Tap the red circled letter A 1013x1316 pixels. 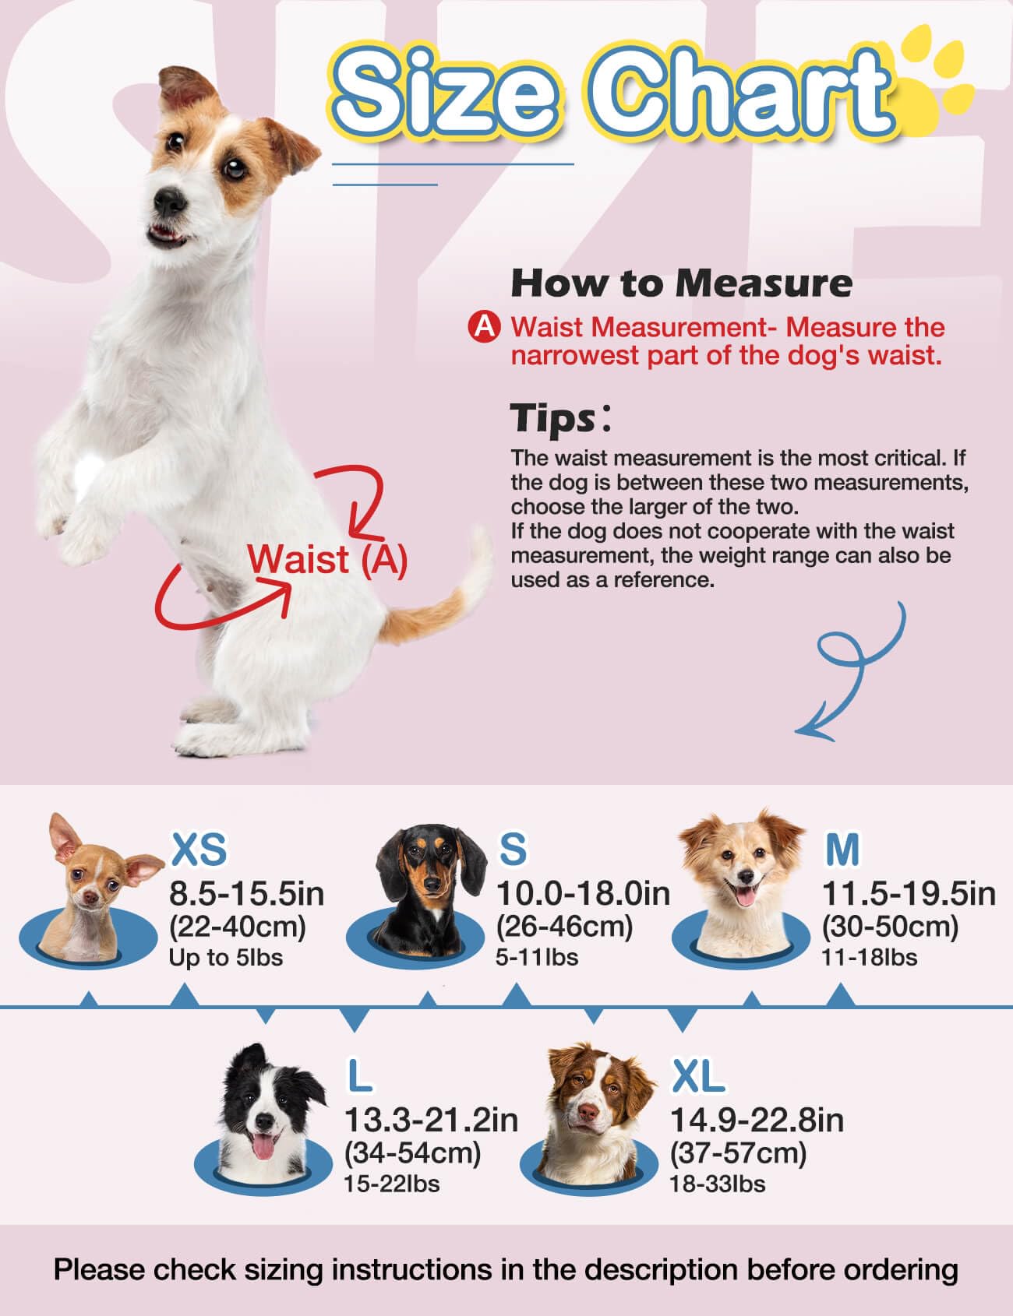485,327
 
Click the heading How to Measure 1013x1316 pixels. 681,283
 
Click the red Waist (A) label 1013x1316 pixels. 327,560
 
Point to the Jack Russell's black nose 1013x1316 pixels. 166,202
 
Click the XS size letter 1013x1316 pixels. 198,849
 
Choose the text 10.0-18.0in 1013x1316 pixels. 583,893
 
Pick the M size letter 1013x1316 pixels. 842,849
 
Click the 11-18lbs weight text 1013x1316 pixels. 869,957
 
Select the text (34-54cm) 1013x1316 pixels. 412,1152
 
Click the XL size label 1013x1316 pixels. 698,1077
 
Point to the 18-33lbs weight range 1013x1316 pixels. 717,1184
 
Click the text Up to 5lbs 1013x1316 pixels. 225,957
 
